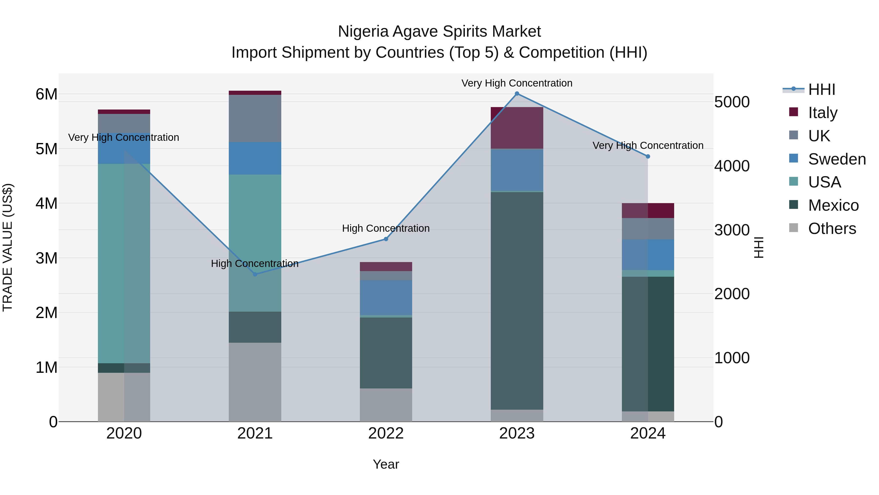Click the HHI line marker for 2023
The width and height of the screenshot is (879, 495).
pyautogui.click(x=517, y=94)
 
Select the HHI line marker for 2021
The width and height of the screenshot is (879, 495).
pyautogui.click(x=255, y=274)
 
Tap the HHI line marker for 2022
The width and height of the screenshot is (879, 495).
pyautogui.click(x=386, y=239)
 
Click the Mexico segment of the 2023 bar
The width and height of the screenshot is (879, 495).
pyautogui.click(x=517, y=301)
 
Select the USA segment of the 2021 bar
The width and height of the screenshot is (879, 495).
pyautogui.click(x=255, y=242)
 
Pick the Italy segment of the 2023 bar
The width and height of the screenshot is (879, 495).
pyautogui.click(x=517, y=128)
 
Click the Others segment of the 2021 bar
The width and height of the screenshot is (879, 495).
pyautogui.click(x=255, y=382)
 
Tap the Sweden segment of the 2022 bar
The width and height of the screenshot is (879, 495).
pyautogui.click(x=386, y=297)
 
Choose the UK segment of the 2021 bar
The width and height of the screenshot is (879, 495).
pyautogui.click(x=255, y=118)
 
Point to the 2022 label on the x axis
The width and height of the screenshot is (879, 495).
pyautogui.click(x=386, y=433)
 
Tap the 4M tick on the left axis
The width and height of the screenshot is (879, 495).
pyautogui.click(x=46, y=204)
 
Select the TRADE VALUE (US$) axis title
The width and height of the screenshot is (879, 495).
pyautogui.click(x=8, y=247)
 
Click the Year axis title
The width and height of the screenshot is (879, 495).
pyautogui.click(x=386, y=464)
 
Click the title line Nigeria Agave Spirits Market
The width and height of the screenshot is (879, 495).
pyautogui.click(x=439, y=32)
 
